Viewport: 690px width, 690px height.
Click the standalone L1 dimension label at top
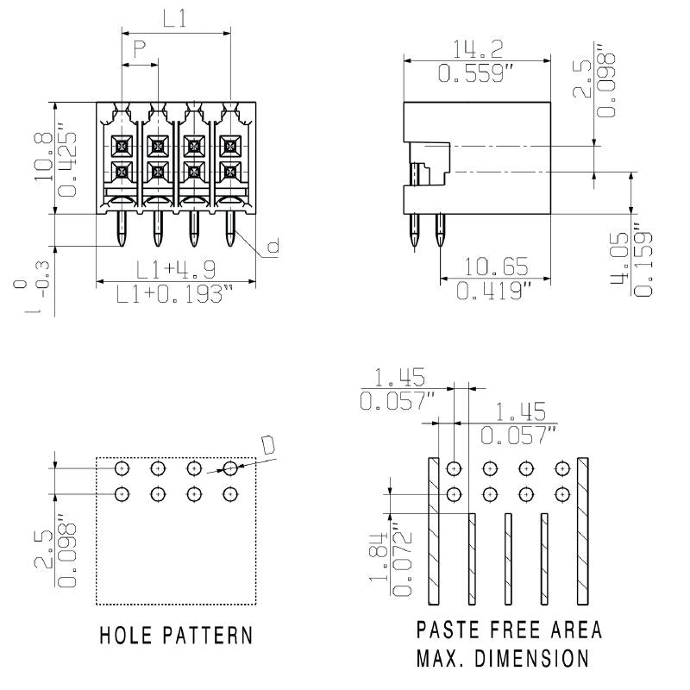[x=175, y=19]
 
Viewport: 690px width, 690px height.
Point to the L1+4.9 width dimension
[x=175, y=269]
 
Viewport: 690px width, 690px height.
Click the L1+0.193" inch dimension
[x=175, y=295]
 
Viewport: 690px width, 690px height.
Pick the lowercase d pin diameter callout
[x=273, y=248]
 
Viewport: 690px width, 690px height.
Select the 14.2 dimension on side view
[x=478, y=49]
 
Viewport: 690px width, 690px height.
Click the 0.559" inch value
[x=478, y=74]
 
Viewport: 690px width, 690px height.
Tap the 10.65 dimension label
[x=497, y=267]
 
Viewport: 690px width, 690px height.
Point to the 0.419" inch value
[x=497, y=292]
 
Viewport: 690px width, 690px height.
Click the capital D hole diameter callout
[x=268, y=444]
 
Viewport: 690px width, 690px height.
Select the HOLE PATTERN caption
[x=176, y=636]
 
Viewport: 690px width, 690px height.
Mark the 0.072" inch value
[x=401, y=557]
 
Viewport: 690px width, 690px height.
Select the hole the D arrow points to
[x=229, y=468]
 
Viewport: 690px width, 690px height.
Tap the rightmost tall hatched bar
[x=583, y=530]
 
